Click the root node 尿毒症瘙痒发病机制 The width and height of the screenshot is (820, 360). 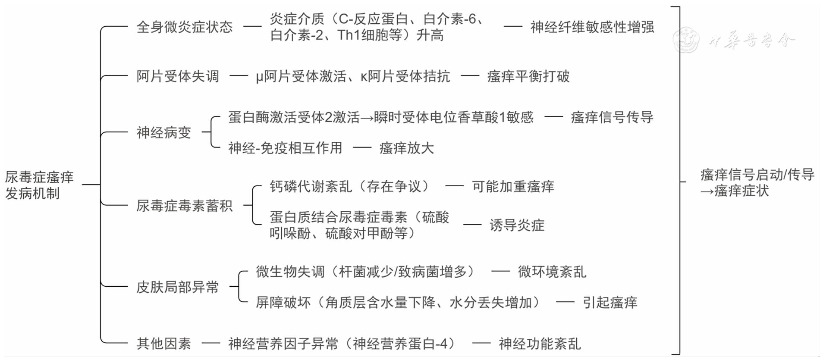[39, 185]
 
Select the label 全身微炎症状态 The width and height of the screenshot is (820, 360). [184, 27]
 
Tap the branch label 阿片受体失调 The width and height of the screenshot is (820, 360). [178, 76]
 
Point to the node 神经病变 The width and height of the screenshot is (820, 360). [163, 132]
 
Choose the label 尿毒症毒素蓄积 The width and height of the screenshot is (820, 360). [184, 206]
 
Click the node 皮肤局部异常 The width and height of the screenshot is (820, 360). [178, 287]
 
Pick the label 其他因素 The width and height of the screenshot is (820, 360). [163, 344]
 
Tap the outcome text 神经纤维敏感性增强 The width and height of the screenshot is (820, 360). [592, 27]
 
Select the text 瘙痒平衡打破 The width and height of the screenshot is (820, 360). [528, 76]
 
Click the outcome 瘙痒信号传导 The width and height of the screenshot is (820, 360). [612, 117]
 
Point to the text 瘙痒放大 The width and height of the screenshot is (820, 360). [406, 148]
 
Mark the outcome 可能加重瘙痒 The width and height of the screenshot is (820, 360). [513, 186]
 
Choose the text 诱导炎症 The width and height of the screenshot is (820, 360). [517, 225]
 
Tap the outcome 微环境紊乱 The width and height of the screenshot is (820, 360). [552, 272]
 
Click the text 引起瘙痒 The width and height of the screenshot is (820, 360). [610, 302]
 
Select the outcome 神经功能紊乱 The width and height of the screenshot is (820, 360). [540, 344]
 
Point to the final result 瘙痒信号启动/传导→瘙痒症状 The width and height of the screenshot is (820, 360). [757, 182]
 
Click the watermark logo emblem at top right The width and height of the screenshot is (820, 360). [686, 40]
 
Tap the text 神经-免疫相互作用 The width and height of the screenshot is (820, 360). [285, 148]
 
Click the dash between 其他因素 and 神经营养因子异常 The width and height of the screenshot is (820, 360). [210, 344]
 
